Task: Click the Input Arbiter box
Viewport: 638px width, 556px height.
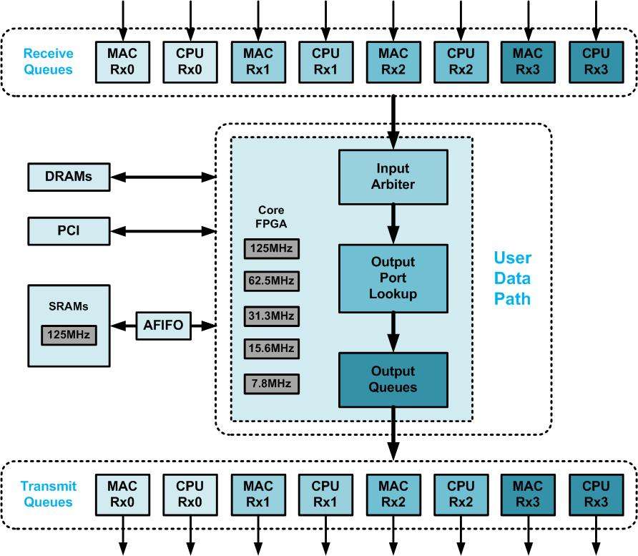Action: [393, 176]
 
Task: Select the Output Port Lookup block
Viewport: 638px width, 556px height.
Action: [393, 278]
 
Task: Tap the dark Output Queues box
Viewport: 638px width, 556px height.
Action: [393, 379]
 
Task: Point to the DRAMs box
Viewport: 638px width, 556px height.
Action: [69, 177]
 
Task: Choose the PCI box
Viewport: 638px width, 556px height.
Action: [69, 231]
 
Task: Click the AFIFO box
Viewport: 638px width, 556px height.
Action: [164, 326]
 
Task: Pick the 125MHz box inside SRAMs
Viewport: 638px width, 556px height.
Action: [69, 334]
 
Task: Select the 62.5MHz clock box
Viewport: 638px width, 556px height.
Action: [271, 281]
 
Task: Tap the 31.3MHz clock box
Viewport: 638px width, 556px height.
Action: [271, 316]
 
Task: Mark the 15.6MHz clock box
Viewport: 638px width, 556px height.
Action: [271, 349]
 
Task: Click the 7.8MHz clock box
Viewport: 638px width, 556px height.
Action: [271, 384]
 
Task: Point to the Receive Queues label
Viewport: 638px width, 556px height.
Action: [48, 62]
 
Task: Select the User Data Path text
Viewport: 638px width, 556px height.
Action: [512, 278]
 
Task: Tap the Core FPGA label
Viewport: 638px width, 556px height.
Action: [270, 217]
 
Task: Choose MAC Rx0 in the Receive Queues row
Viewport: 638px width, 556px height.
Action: [122, 61]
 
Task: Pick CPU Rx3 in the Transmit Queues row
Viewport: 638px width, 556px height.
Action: [596, 494]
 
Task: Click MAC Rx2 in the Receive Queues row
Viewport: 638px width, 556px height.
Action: [393, 61]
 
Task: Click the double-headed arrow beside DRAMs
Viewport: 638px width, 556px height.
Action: [163, 177]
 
